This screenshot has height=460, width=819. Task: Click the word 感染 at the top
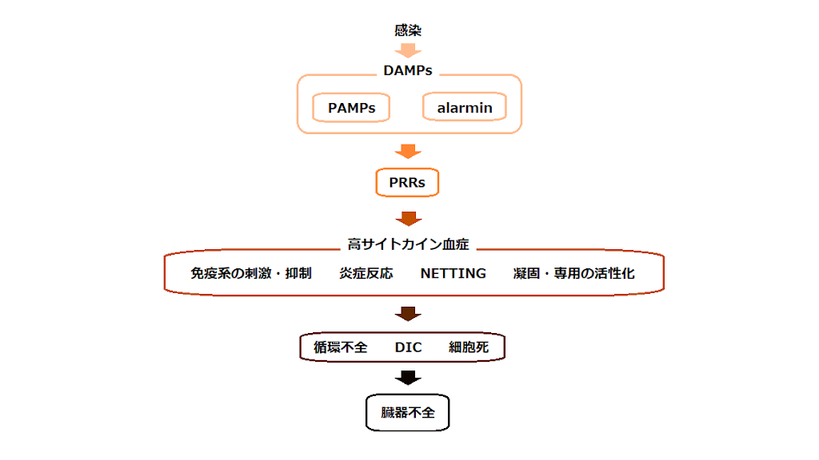(x=408, y=31)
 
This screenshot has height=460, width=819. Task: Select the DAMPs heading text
(x=408, y=70)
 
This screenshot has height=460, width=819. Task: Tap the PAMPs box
(x=351, y=108)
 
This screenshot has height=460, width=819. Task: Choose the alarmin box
(x=465, y=108)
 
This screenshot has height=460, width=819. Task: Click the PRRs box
(x=407, y=183)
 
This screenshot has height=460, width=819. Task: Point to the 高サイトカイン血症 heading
(x=408, y=244)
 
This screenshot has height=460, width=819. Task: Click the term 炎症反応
(x=366, y=273)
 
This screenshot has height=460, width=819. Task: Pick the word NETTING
(x=453, y=273)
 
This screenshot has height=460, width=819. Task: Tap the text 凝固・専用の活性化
(x=573, y=273)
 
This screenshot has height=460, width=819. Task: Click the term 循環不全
(x=341, y=347)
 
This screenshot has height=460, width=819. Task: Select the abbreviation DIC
(x=408, y=347)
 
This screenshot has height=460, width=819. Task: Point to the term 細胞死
(x=469, y=347)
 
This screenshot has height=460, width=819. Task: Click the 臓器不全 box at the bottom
(x=408, y=413)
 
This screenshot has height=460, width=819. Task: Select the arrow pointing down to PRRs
(x=408, y=151)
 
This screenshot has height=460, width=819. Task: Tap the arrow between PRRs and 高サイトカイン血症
(x=408, y=218)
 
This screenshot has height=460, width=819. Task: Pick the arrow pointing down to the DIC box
(x=408, y=314)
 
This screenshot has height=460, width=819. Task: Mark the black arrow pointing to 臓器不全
(x=408, y=377)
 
